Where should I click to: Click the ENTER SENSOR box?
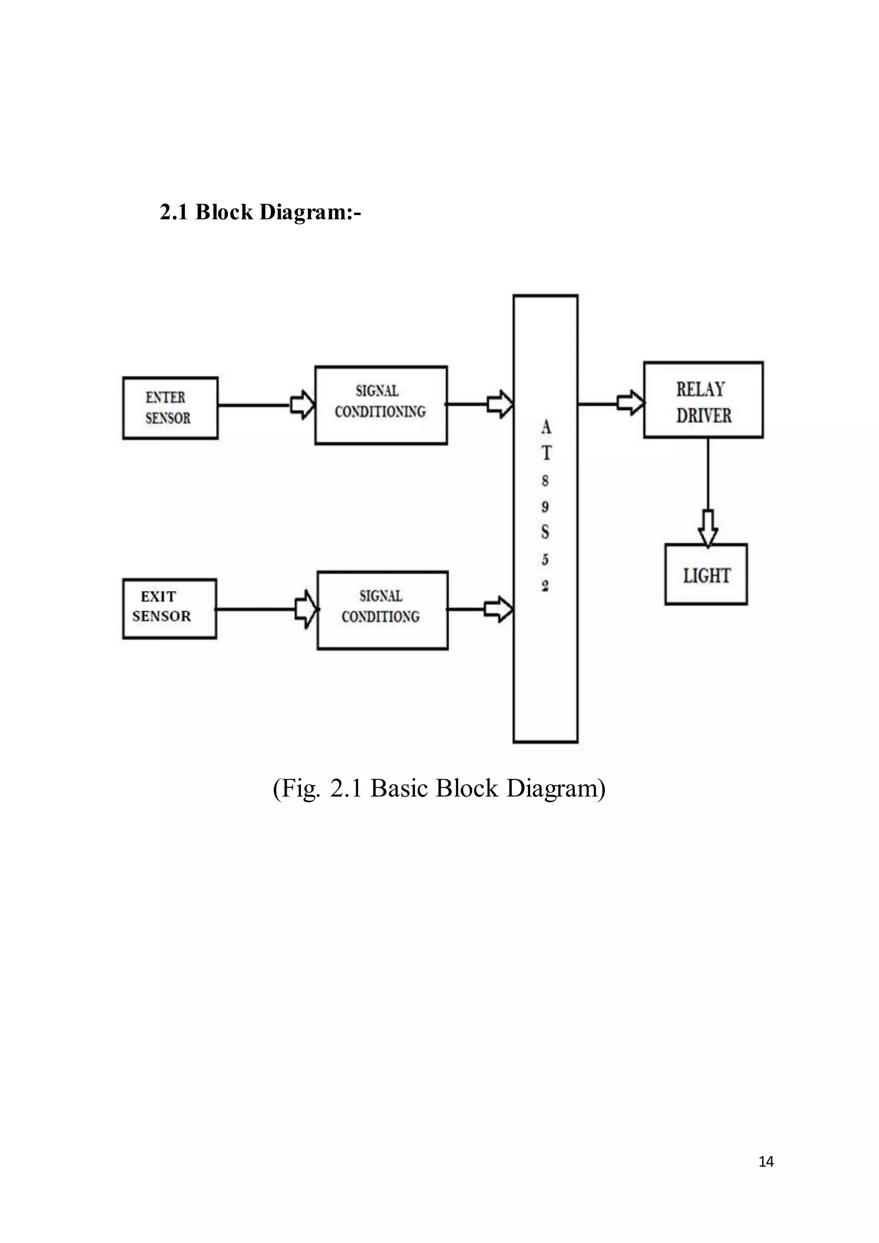170,408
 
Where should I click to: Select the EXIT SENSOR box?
170,609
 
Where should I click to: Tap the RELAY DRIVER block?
703,400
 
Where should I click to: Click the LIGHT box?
706,574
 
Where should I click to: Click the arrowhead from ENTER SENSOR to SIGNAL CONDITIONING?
303,404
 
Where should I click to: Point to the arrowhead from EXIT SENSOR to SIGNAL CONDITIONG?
306,609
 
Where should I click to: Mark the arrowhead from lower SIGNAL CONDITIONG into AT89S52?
498,609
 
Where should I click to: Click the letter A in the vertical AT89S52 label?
546,427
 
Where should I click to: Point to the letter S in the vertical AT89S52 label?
545,532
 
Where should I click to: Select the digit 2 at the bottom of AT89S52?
545,586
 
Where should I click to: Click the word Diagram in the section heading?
309,212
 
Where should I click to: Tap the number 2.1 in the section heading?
173,212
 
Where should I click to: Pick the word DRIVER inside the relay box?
703,416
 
